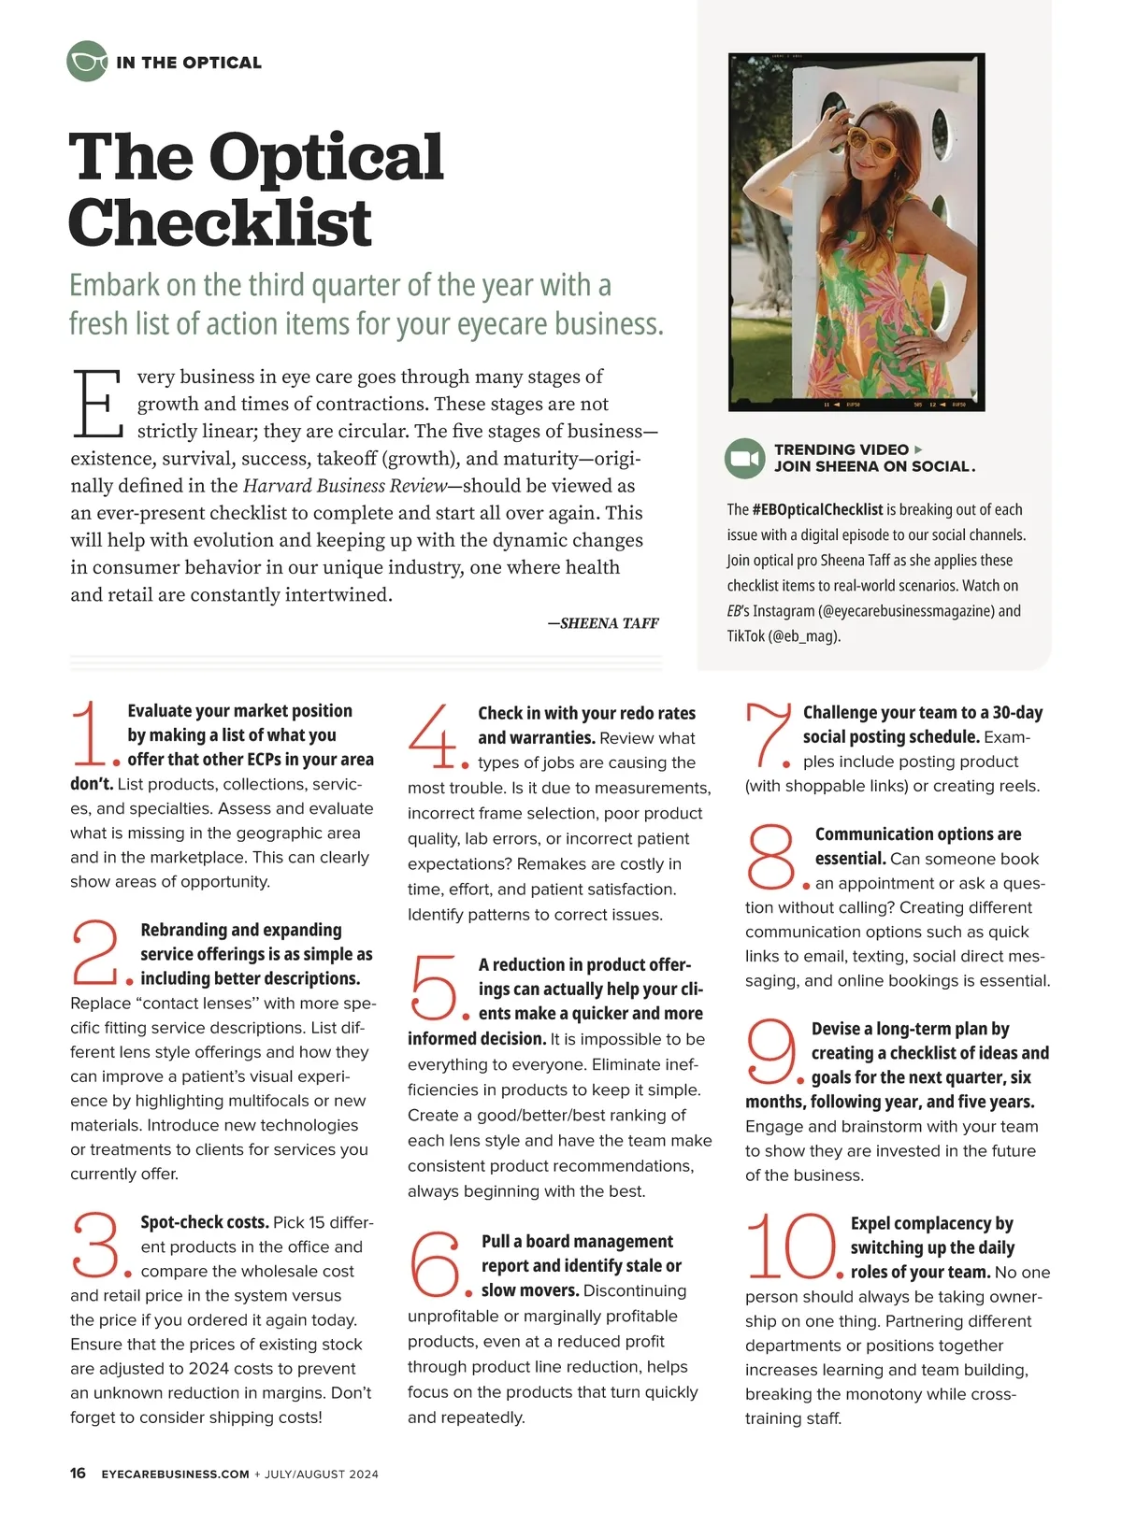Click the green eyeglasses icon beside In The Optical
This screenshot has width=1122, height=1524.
[x=87, y=63]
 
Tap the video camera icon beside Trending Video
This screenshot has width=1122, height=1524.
[x=744, y=459]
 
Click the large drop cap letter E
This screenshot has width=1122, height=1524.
[x=96, y=404]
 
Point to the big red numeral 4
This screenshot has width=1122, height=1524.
[x=431, y=737]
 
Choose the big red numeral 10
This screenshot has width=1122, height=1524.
[x=791, y=1246]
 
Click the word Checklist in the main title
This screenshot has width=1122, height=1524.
[x=221, y=222]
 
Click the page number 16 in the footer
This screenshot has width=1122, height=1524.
[x=78, y=1474]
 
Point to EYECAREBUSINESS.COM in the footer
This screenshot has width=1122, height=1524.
[x=175, y=1474]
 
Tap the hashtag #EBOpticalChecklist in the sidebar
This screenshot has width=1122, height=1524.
[x=817, y=510]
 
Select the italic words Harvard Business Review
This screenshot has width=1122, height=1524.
[x=345, y=486]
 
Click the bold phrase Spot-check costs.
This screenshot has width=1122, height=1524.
[x=204, y=1222]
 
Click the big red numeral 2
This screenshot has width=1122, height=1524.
[x=94, y=952]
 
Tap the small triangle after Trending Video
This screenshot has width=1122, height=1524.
[x=918, y=449]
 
